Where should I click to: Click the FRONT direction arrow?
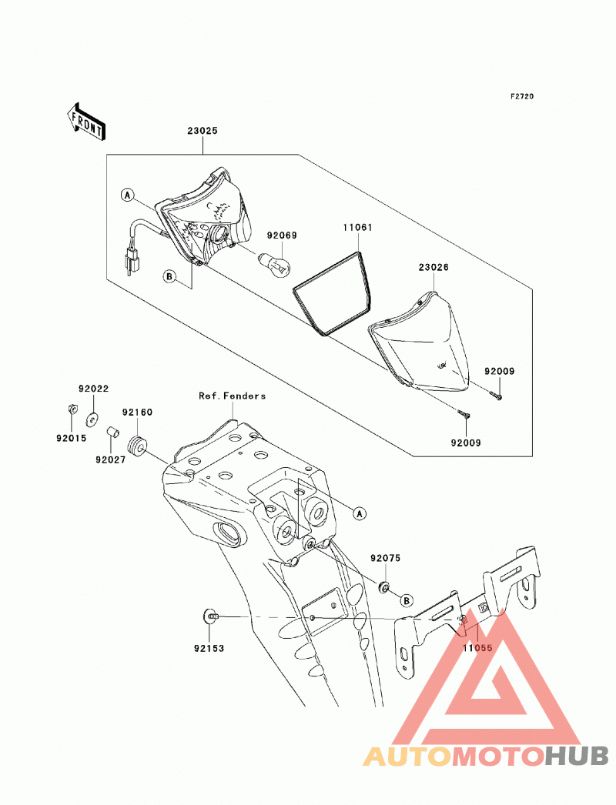pyautogui.click(x=85, y=122)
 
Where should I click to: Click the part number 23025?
pyautogui.click(x=203, y=131)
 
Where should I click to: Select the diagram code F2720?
pyautogui.click(x=522, y=96)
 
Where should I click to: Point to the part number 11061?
pyautogui.click(x=357, y=228)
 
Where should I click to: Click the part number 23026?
pyautogui.click(x=434, y=268)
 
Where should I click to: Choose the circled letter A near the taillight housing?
pyautogui.click(x=127, y=195)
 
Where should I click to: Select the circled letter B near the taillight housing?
pyautogui.click(x=169, y=277)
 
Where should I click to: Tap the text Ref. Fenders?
pyautogui.click(x=233, y=396)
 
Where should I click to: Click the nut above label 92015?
pyautogui.click(x=72, y=409)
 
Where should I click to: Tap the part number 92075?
pyautogui.click(x=385, y=558)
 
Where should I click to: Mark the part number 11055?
pyautogui.click(x=477, y=648)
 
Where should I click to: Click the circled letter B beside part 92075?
pyautogui.click(x=407, y=600)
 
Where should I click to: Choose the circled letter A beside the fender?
pyautogui.click(x=360, y=513)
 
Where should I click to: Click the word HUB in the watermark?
pyautogui.click(x=577, y=757)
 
